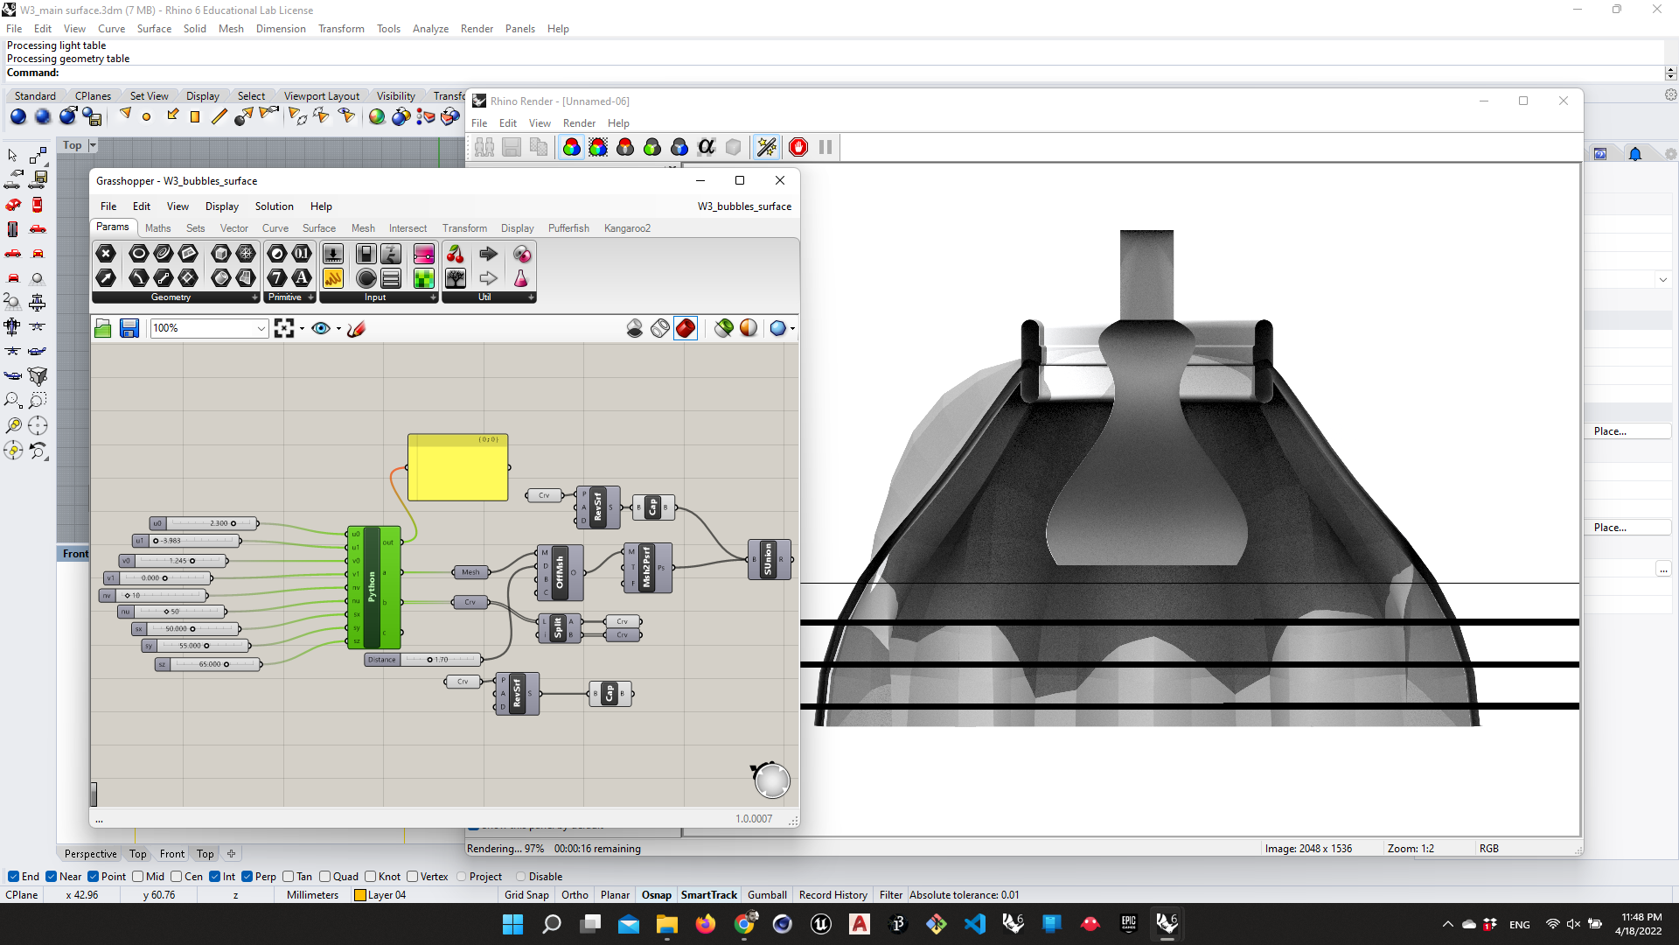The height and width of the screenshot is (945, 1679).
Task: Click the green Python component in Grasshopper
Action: pos(372,587)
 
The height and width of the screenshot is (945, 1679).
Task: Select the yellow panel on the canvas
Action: pos(457,469)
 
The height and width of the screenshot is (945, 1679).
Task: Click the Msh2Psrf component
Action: pos(647,567)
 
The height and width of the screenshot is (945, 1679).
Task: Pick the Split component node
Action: pos(559,627)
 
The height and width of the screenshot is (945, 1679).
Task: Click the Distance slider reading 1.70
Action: pos(441,660)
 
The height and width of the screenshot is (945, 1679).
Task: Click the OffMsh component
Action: pos(561,572)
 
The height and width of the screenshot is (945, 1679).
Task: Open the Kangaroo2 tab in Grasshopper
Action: pos(626,228)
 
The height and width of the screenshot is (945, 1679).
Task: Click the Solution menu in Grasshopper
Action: pos(274,206)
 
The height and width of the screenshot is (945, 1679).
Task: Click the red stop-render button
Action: pos(798,147)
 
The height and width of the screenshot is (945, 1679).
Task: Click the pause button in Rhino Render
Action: pos(826,147)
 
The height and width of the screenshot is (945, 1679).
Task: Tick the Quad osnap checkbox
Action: pos(325,877)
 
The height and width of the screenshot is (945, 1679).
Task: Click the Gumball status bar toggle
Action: pos(767,895)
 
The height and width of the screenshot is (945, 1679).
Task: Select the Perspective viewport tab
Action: pos(90,854)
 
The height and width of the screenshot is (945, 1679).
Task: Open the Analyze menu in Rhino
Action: pos(430,29)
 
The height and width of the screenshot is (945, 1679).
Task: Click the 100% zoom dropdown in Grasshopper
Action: pos(209,328)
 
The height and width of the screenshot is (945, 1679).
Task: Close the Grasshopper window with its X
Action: pos(779,180)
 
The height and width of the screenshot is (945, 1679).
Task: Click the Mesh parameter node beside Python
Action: pos(470,572)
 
